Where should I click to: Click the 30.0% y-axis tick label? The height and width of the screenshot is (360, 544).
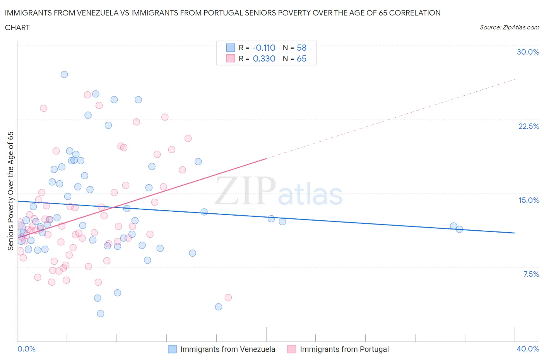tap(528, 52)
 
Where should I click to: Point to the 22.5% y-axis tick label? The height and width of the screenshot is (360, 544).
tap(529, 126)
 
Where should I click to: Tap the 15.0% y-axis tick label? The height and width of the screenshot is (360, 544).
tap(529, 200)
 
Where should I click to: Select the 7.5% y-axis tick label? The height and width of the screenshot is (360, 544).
tap(531, 274)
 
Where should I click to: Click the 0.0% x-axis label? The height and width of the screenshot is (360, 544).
tap(26, 349)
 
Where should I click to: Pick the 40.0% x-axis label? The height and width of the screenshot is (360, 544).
tap(528, 349)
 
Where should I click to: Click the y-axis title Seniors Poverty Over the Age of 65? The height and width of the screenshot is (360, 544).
tap(11, 191)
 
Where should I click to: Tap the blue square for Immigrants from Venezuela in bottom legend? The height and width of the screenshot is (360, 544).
tap(172, 349)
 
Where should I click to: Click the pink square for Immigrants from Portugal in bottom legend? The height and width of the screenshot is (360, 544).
tap(292, 349)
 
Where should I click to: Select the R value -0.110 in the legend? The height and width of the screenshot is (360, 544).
tap(263, 48)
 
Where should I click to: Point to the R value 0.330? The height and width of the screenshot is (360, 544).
tap(264, 58)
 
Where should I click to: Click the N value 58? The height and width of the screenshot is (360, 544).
tap(301, 48)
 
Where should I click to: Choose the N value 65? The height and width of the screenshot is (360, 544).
tap(301, 58)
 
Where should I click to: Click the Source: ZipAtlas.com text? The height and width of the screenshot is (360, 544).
tap(509, 27)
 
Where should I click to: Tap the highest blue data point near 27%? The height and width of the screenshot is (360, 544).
tap(64, 74)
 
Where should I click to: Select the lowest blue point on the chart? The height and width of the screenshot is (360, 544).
tap(101, 314)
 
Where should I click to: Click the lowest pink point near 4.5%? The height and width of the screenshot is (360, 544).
tap(228, 298)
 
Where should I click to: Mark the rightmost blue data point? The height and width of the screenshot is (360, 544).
tap(459, 229)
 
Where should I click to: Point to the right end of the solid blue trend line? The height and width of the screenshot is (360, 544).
tap(515, 233)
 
